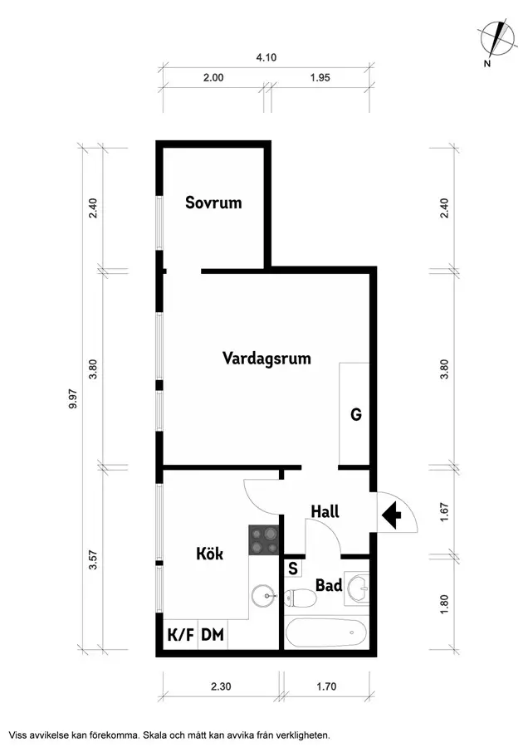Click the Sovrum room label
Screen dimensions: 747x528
[x=213, y=202]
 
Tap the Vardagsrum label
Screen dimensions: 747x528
[x=266, y=359]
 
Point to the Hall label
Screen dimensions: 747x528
[x=325, y=511]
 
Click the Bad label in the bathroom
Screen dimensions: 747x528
[x=329, y=586]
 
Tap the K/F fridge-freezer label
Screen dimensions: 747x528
[x=181, y=636]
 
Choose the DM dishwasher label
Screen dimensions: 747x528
[x=213, y=636]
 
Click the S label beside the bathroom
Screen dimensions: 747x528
[x=293, y=569]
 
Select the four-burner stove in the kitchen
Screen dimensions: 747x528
[x=264, y=541]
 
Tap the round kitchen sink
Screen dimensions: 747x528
[x=264, y=594]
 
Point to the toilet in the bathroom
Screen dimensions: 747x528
[x=300, y=596]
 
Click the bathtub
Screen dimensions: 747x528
[x=325, y=635]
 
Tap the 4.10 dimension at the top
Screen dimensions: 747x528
[x=266, y=57]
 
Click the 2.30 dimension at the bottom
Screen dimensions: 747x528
[x=220, y=686]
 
